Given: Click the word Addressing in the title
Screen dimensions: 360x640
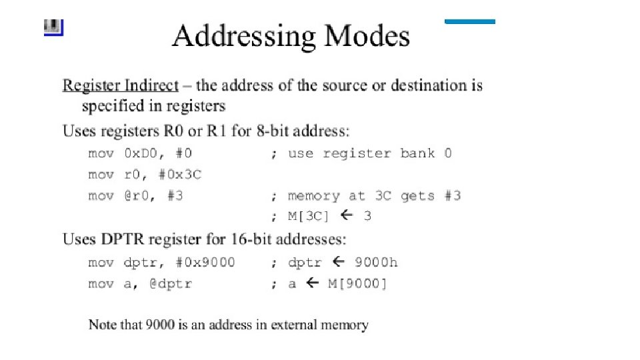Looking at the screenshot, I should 244,36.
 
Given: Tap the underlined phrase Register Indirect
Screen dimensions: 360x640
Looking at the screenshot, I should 121,85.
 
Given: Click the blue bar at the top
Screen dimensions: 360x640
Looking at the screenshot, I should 470,22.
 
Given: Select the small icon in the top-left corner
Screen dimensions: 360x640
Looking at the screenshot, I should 53,27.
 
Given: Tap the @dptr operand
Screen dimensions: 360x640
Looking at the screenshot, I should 171,284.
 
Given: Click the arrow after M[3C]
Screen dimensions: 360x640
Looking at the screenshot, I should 345,215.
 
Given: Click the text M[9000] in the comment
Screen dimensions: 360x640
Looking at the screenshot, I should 357,284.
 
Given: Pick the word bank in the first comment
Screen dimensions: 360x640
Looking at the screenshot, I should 417,153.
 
